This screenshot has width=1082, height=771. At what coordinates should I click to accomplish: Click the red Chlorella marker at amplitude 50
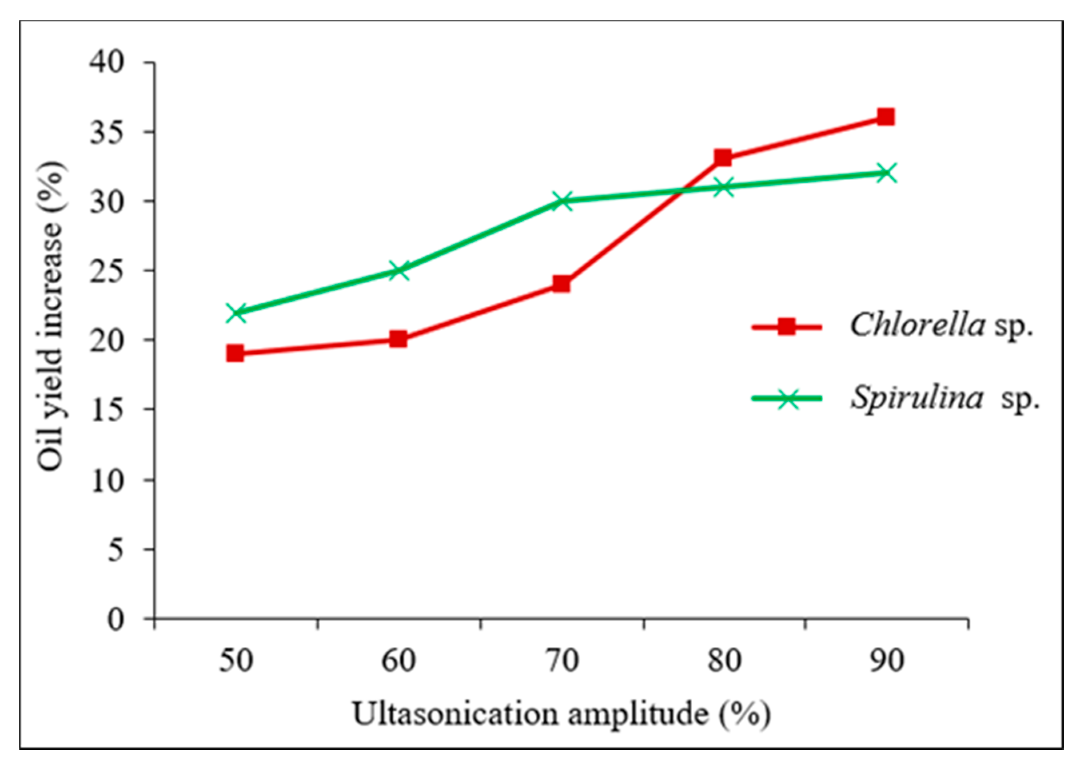point(235,353)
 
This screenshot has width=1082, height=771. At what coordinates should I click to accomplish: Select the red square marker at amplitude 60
point(398,339)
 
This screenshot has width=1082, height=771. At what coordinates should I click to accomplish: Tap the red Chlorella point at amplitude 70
point(561,284)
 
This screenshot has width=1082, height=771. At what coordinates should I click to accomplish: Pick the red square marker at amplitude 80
point(723,157)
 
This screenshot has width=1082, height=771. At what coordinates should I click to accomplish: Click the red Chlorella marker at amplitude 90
point(886,116)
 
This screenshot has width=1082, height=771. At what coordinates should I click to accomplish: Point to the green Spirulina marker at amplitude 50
point(236,313)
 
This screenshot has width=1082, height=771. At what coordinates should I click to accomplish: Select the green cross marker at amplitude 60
point(399,271)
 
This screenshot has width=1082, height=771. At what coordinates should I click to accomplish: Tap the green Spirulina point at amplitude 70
point(562,201)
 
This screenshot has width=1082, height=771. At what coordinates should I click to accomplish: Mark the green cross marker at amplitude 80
point(724,187)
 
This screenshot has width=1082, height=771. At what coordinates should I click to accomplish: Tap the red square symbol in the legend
point(787,326)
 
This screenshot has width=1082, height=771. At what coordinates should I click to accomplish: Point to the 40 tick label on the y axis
point(106,62)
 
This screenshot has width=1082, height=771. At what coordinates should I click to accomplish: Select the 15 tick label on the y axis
point(107,409)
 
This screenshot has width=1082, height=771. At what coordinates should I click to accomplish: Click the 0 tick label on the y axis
point(116,619)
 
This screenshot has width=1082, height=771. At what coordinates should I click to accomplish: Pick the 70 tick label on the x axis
point(561,660)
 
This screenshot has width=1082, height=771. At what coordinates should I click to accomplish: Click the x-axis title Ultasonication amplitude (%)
point(561,713)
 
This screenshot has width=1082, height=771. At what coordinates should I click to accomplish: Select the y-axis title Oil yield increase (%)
point(51,316)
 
